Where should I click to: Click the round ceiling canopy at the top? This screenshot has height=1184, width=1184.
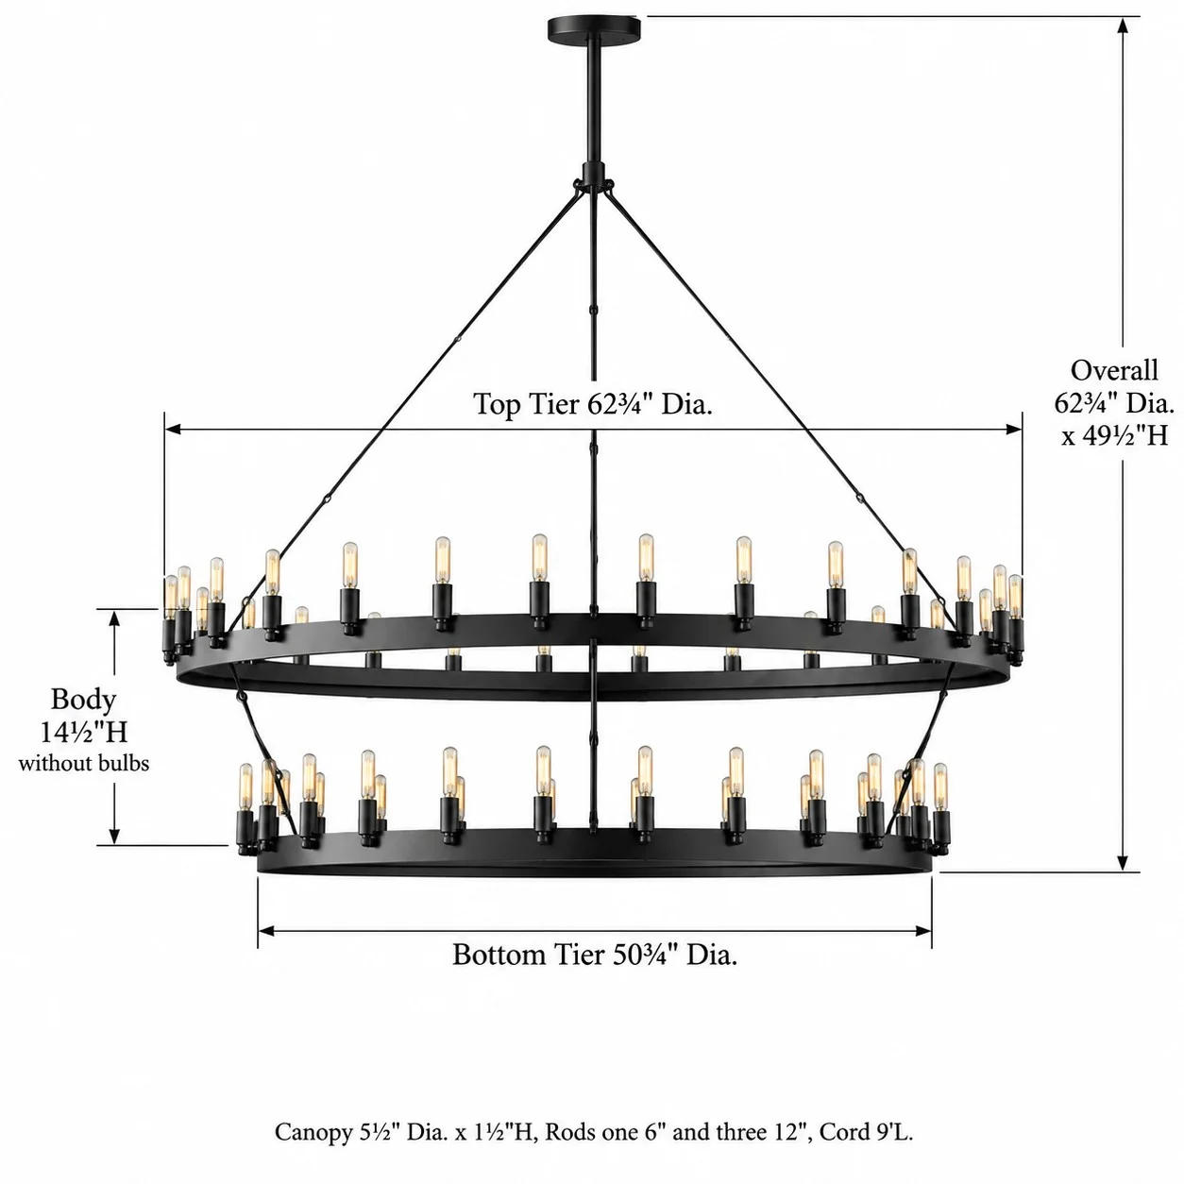pos(593,26)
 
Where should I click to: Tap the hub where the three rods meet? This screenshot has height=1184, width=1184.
pos(593,182)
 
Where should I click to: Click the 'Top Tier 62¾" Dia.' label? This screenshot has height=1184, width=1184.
pos(593,404)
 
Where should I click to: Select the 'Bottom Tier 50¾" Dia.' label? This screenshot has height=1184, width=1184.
pos(595,955)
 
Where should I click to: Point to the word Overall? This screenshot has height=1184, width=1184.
pos(1113,370)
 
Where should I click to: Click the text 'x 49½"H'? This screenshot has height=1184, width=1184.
pos(1114,435)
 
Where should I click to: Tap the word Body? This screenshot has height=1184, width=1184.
pos(83,700)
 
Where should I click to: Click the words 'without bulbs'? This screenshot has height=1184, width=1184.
pos(84,764)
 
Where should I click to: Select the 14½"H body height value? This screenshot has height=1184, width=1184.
pos(84,732)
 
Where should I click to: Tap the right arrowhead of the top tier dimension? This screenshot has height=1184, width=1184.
pos(1014,429)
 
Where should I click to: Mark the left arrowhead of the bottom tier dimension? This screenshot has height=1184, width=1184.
pos(266,931)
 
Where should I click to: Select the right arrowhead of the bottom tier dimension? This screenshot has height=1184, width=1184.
pos(923,931)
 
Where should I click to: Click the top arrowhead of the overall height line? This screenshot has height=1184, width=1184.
pos(1124,25)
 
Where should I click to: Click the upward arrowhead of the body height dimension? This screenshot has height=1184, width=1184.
pos(114,619)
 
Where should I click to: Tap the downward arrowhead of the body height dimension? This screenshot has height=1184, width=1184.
pos(114,836)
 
